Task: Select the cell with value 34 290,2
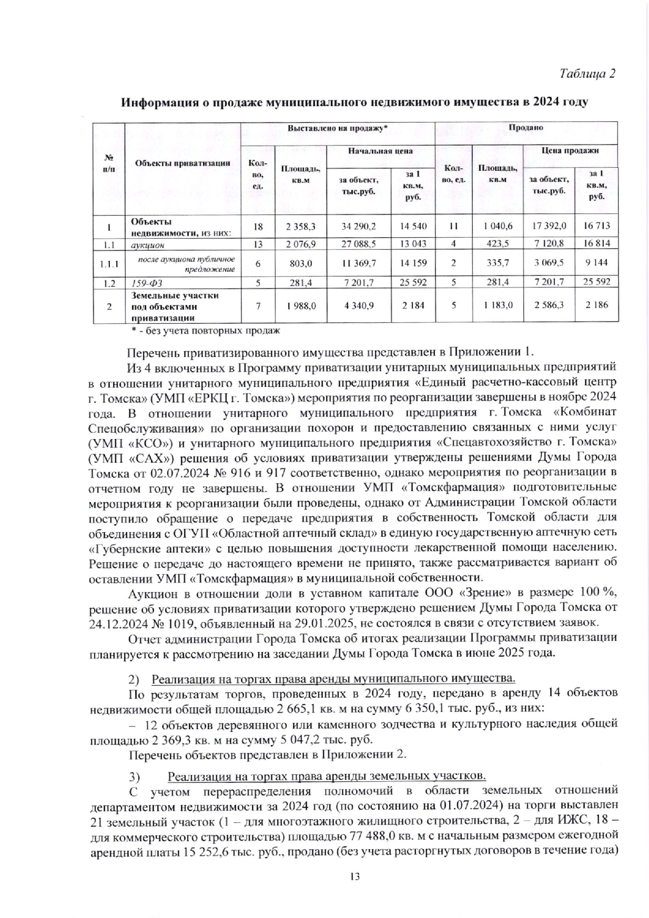[359, 227]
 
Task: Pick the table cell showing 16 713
[596, 227]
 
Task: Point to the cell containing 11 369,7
[359, 262]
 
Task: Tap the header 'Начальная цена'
[381, 151]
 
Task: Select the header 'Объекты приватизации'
[182, 163]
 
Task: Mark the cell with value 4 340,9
[359, 305]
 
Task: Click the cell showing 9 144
[596, 262]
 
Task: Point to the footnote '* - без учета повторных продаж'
[206, 331]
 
